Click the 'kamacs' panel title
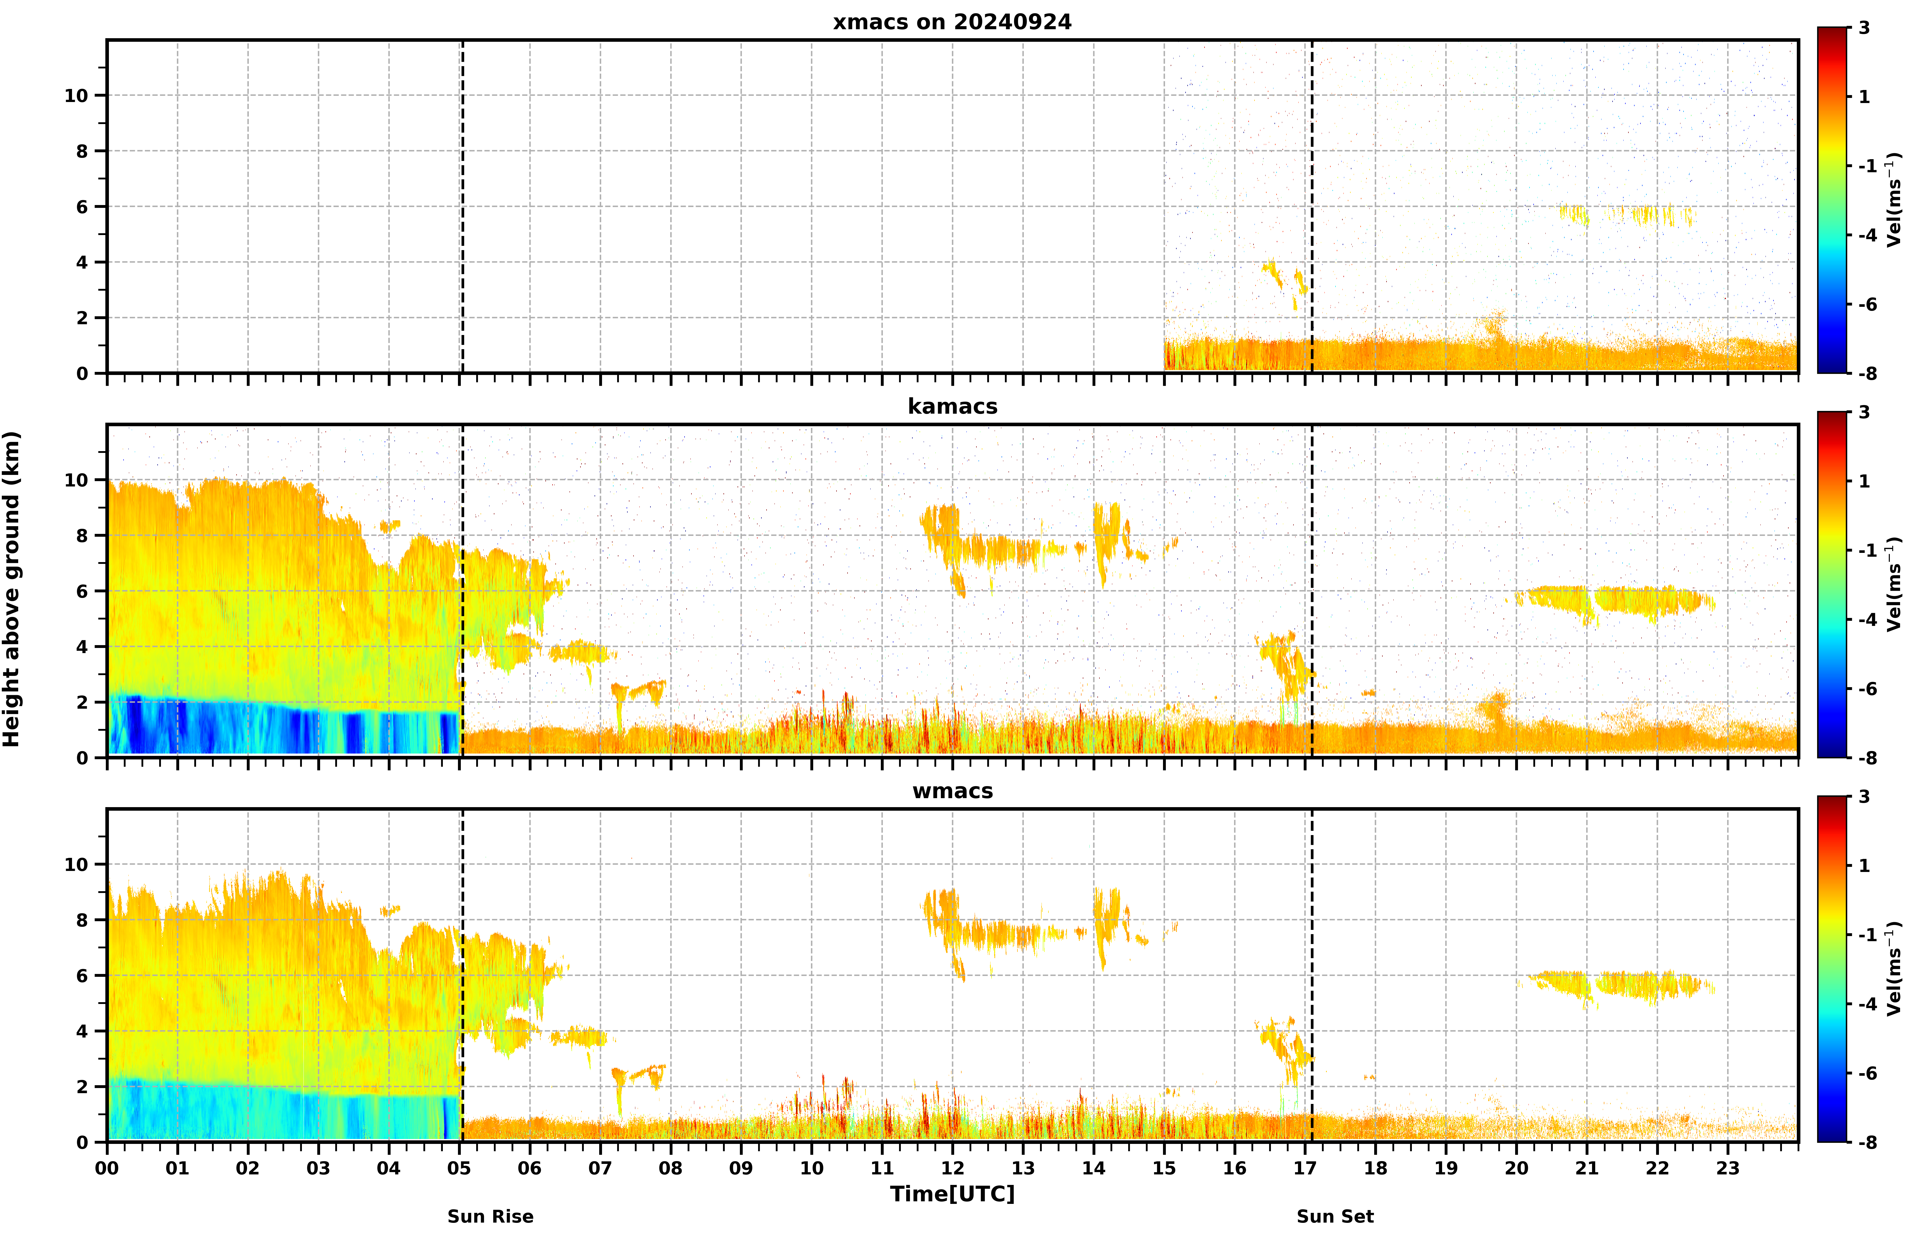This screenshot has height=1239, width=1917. point(952,406)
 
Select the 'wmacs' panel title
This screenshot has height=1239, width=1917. point(952,791)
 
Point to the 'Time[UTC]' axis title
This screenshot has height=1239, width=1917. point(952,1194)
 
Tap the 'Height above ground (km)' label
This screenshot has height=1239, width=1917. point(11,589)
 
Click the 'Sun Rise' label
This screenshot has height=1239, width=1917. point(490,1216)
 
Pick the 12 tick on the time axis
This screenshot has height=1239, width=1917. point(952,1168)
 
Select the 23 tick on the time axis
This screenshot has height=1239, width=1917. point(1728,1168)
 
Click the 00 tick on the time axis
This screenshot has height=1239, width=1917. point(107,1168)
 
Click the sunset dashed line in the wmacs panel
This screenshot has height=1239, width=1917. point(1312,975)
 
